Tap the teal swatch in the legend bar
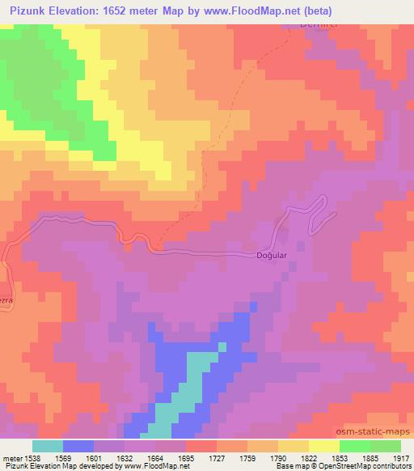coord(48,445)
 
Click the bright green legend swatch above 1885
coord(355,445)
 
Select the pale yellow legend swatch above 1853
coord(324,445)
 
